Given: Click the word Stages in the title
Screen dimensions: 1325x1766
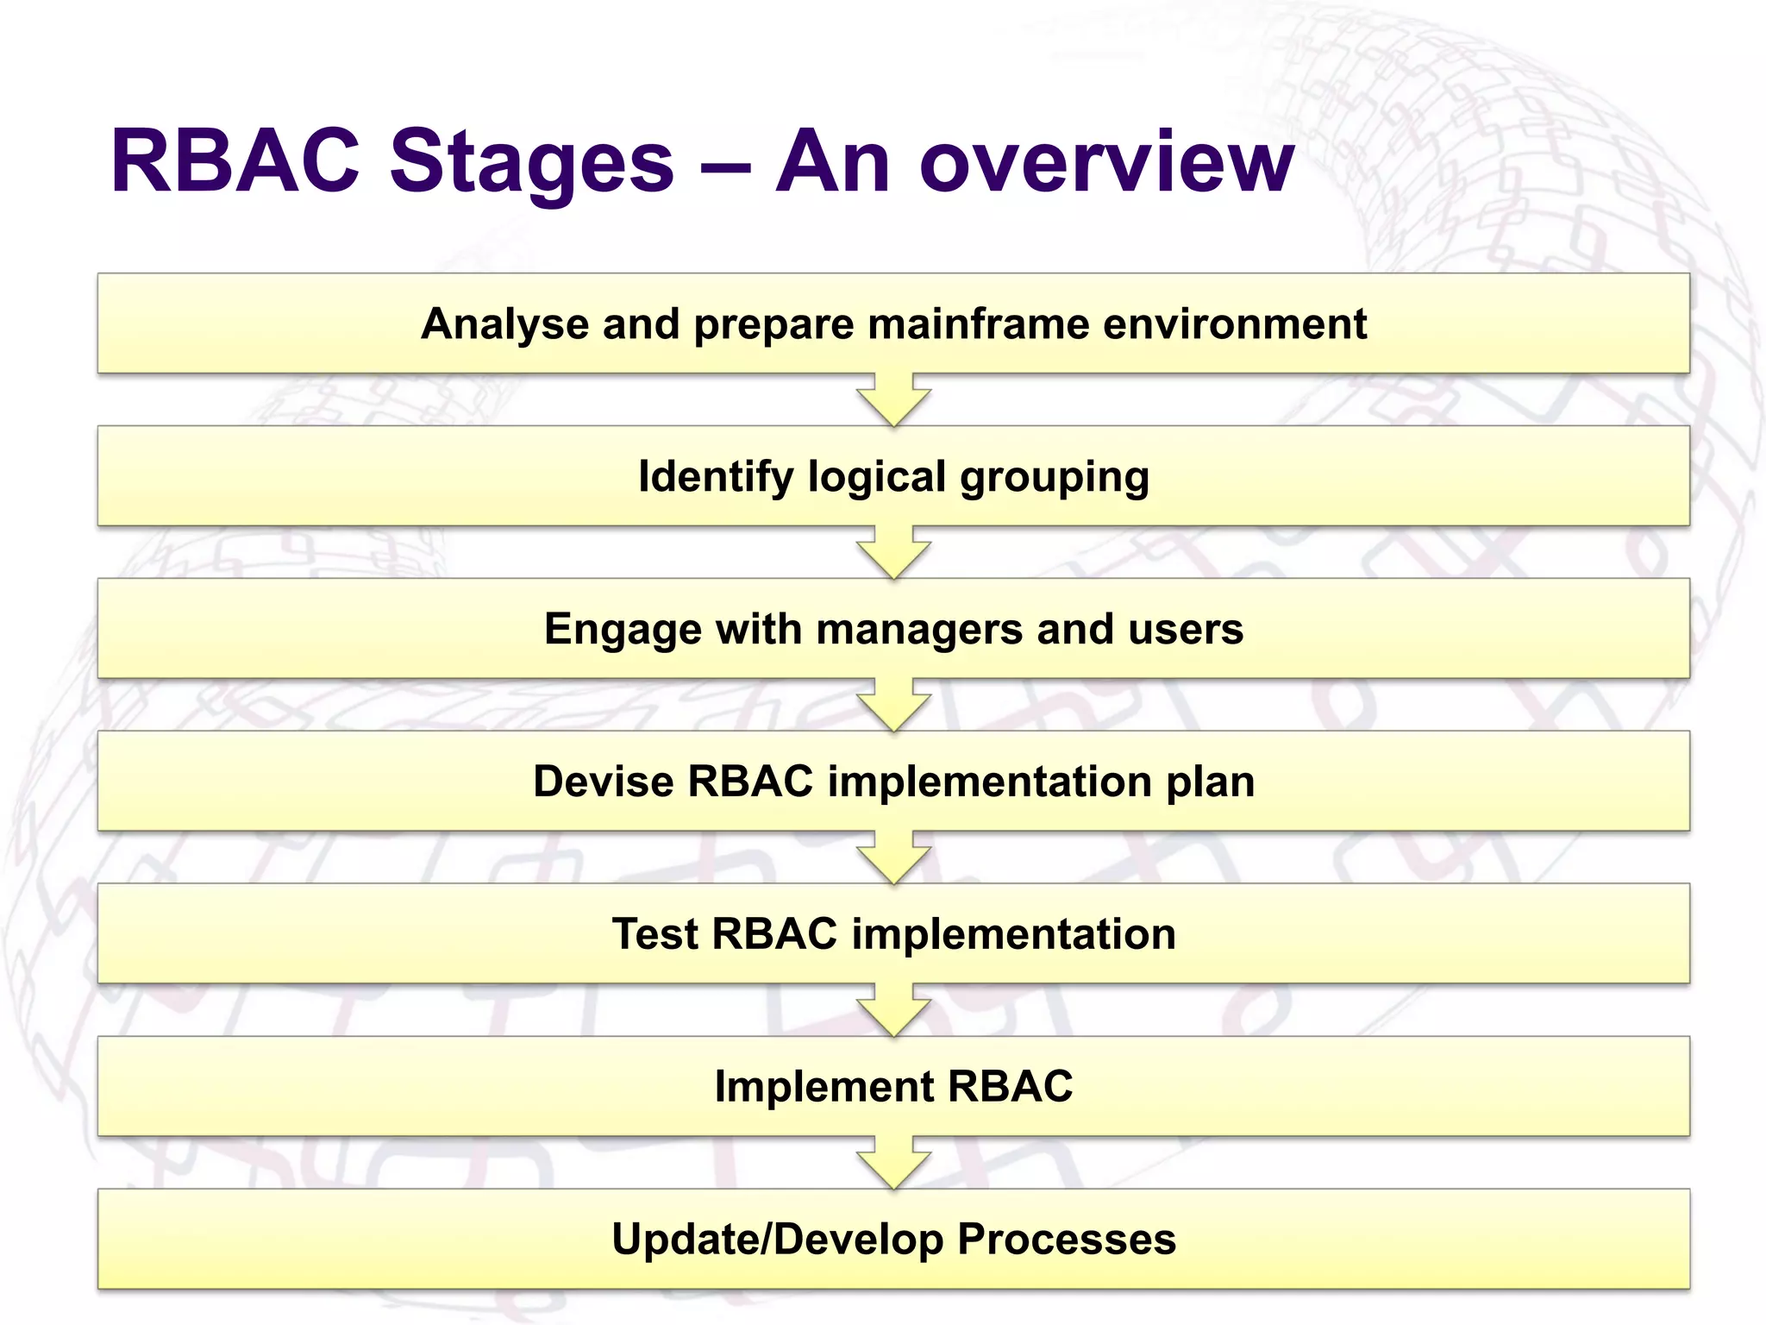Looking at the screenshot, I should pos(531,162).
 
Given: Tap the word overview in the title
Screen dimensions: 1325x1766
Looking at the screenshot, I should pos(1106,162).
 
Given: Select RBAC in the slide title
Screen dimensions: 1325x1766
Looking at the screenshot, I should pos(235,162).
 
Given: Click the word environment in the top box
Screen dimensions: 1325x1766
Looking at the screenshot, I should pos(1235,324).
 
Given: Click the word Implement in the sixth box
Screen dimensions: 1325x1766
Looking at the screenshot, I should pos(824,1087).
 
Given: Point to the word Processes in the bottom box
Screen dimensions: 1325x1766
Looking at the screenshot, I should pos(1067,1240).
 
